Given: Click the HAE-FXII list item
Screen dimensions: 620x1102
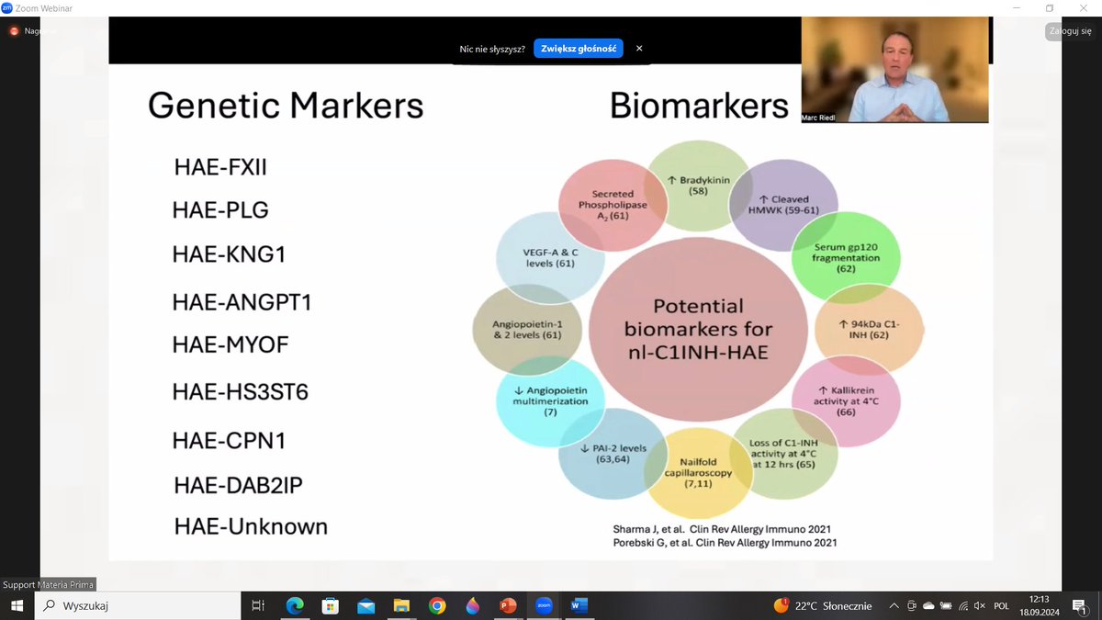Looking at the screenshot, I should pos(219,167).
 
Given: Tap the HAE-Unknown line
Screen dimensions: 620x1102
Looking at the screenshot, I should pos(251,527).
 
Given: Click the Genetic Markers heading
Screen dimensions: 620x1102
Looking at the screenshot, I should pos(286,106).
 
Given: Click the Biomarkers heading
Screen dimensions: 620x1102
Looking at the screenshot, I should pos(699,106).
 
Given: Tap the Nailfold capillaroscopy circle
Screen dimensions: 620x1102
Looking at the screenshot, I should pos(698,473).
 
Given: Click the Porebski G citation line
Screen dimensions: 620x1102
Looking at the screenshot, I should pos(725,543).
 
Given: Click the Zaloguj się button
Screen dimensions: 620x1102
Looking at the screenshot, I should pos(1071,30).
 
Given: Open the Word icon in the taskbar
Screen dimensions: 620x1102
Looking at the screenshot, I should pos(579,605).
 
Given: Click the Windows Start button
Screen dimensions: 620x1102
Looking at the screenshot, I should pos(17,605).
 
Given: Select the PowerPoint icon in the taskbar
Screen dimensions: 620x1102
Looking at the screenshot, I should pos(508,605).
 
